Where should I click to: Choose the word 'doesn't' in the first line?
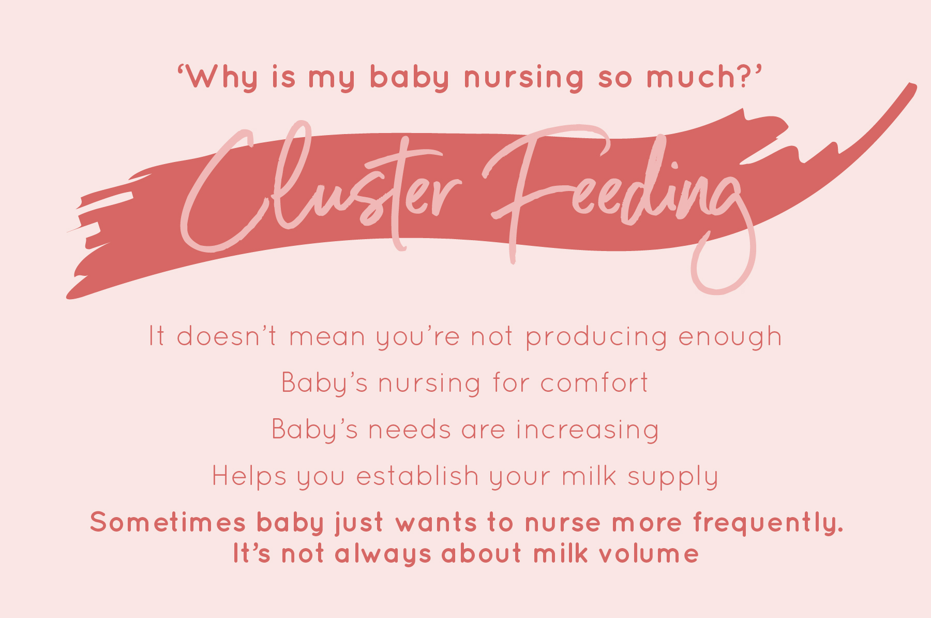pos(227,336)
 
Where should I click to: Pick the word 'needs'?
pos(409,430)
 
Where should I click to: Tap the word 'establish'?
pos(417,476)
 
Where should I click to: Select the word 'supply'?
pos(673,477)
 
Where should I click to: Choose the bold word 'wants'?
pos(436,523)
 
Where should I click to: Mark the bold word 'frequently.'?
pos(768,523)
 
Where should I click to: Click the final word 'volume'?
pos(649,554)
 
